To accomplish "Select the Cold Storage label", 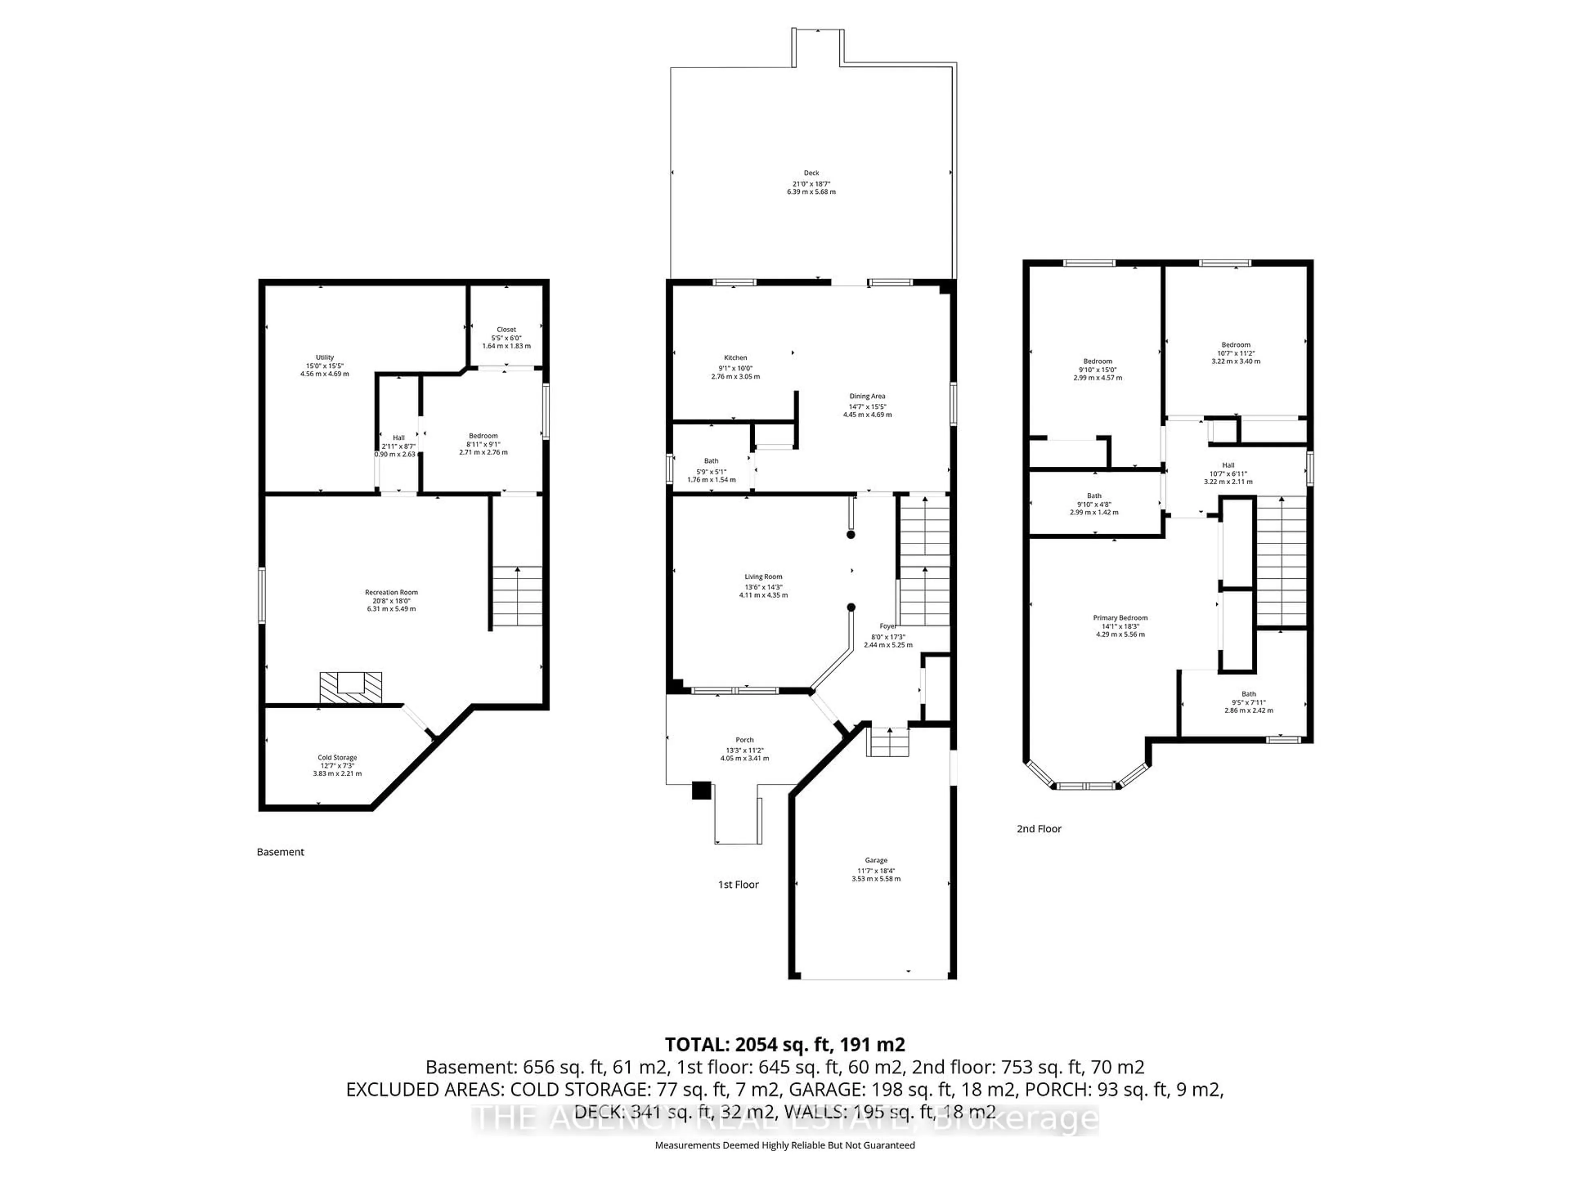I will (337, 758).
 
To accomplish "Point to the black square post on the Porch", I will (701, 790).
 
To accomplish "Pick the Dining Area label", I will (867, 396).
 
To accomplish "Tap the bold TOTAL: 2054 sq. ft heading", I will (784, 1044).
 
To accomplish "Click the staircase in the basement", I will (518, 596).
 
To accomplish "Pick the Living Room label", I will (763, 577).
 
